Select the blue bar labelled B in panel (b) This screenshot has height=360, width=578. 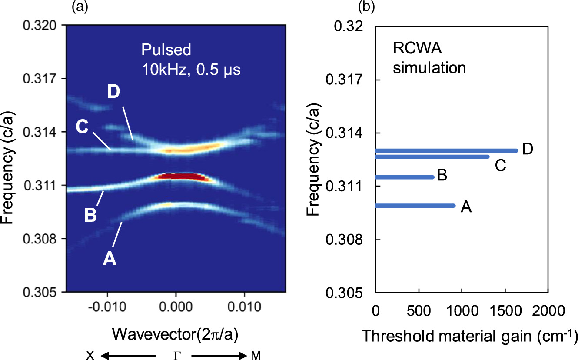tap(405, 177)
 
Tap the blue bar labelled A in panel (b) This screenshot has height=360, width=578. tap(415, 206)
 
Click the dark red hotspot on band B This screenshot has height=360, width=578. tap(183, 177)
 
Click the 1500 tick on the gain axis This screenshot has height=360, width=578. tap(505, 311)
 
